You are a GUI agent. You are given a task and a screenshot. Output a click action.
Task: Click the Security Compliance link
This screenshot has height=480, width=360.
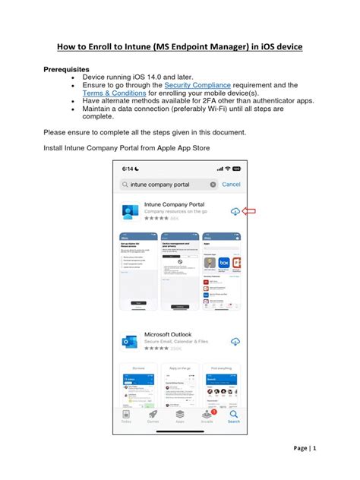[x=199, y=86]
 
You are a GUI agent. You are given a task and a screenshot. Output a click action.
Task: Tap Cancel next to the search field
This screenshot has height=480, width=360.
[x=231, y=185]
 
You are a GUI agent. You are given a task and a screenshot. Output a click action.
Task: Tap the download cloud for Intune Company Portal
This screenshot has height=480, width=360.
[x=235, y=211]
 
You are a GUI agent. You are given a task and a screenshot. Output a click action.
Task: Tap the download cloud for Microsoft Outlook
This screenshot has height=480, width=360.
[x=235, y=340]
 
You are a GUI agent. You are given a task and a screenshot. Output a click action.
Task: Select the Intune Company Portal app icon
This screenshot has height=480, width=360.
[x=131, y=212]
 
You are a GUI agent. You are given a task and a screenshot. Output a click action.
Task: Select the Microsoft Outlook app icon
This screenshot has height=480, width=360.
[x=131, y=341]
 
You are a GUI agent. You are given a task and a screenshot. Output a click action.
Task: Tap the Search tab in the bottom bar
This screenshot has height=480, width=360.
[x=233, y=417]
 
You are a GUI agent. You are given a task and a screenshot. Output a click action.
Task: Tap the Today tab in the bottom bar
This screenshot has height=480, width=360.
[x=125, y=417]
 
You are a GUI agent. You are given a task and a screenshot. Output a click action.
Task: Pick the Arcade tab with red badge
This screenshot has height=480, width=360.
[x=207, y=417]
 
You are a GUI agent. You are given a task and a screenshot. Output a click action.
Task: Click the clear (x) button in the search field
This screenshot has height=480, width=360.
[x=213, y=185]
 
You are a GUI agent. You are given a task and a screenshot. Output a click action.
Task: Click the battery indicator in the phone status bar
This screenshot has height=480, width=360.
[x=236, y=169]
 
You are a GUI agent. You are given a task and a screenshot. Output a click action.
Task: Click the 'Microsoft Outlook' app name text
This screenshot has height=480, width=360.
[x=168, y=335]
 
